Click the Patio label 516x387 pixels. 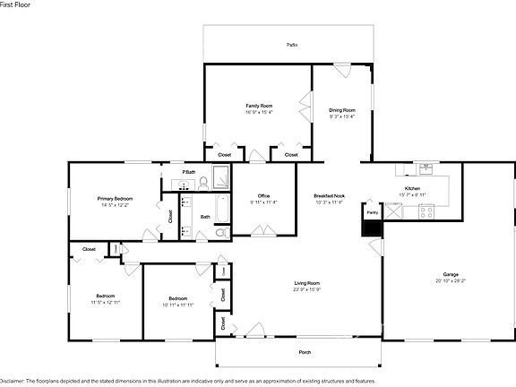point(291,44)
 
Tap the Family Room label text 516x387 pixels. point(259,106)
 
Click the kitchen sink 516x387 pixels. point(426,168)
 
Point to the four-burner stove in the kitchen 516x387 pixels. point(426,212)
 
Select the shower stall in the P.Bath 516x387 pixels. point(219,177)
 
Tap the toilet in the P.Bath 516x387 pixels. point(203,182)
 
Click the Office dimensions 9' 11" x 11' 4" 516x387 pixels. point(263,202)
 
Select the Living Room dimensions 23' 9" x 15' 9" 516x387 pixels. point(306,289)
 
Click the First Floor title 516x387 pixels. point(16,5)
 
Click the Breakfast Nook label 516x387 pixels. point(330,195)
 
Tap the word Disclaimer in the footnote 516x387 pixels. point(11,380)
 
